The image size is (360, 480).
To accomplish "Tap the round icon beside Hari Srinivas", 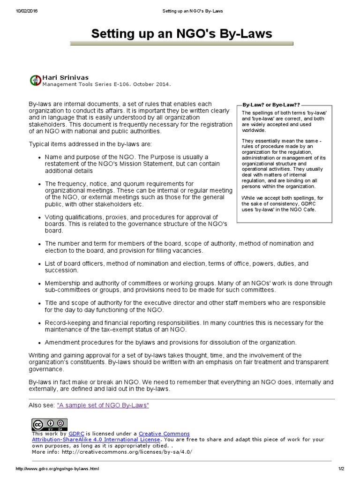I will [35, 80].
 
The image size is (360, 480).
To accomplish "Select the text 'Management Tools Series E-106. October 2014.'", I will [106, 85].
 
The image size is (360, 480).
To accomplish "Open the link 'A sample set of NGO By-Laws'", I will [103, 405].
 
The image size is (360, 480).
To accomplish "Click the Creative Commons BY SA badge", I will [43, 424].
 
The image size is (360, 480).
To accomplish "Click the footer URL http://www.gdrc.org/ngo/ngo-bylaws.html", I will [58, 469].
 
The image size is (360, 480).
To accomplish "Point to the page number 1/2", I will [340, 469].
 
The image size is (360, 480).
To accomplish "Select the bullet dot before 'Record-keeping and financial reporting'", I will [38, 323].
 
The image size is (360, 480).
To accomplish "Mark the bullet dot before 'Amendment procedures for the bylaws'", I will [38, 343].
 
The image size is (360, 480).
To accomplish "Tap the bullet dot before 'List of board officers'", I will [38, 264].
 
